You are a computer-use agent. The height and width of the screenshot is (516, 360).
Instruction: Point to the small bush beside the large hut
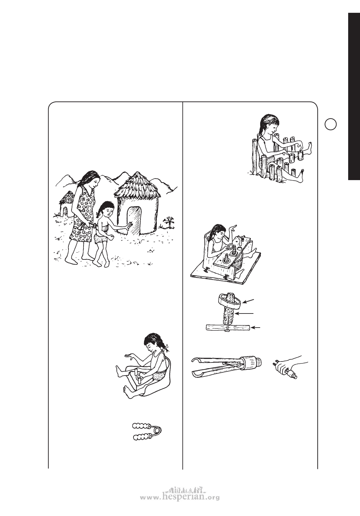(x=169, y=223)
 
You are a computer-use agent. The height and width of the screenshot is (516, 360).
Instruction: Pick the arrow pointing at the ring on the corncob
(x=249, y=301)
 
